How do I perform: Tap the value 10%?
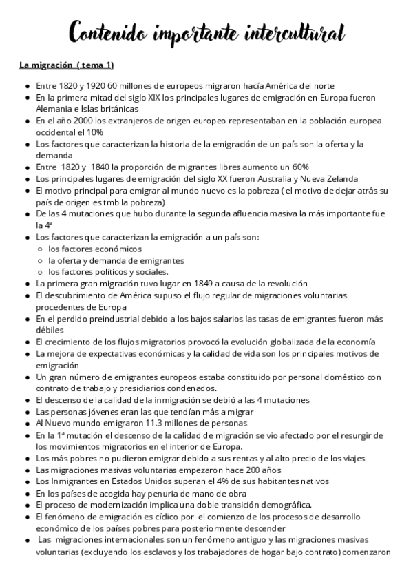(x=95, y=132)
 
